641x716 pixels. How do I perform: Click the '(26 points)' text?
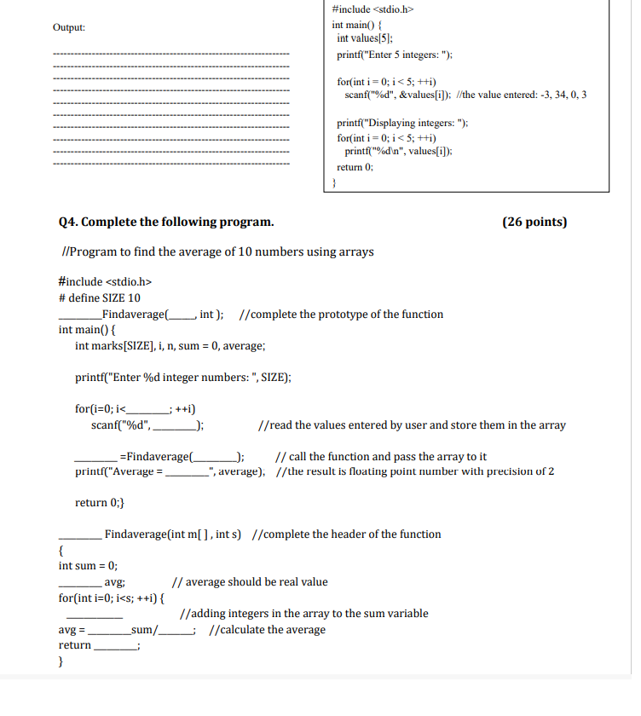click(x=534, y=222)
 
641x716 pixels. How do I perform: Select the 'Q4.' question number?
click(x=69, y=222)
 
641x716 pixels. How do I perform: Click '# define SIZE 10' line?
click(x=100, y=297)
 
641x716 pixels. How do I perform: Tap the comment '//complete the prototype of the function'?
click(x=343, y=314)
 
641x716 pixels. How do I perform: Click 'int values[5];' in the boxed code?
click(x=365, y=38)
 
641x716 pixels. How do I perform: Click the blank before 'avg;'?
click(x=79, y=583)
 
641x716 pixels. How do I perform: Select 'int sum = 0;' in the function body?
click(x=88, y=566)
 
